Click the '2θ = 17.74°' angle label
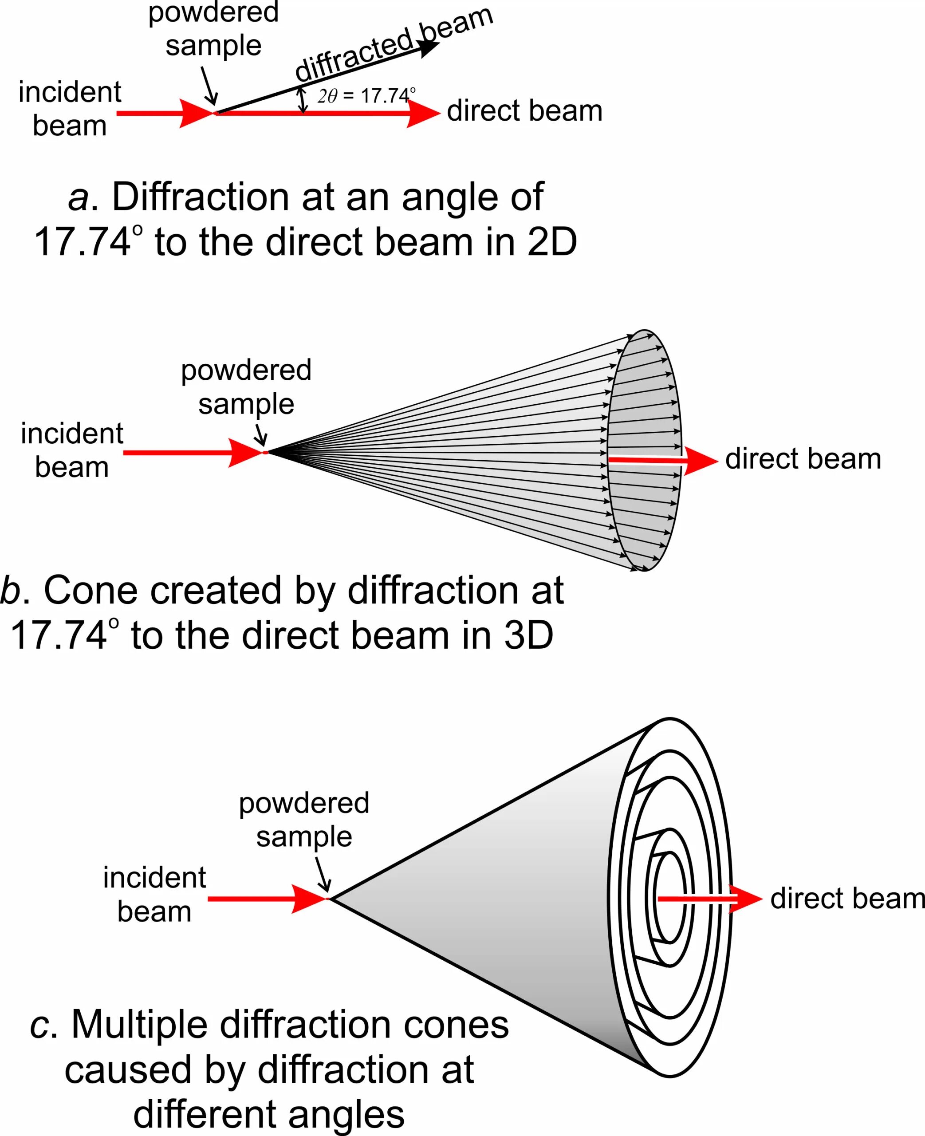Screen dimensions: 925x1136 point(366,95)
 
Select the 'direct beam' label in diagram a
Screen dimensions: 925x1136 point(524,111)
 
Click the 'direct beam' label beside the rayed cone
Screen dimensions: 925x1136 point(803,459)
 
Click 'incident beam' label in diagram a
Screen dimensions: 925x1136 point(70,109)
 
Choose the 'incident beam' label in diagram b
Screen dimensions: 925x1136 point(72,450)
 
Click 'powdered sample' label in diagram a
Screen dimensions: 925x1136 point(213,29)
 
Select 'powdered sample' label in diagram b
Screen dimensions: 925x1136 point(246,387)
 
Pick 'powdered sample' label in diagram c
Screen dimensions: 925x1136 point(304,820)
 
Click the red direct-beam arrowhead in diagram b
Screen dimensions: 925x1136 point(700,460)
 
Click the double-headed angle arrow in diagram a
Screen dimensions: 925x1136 point(303,101)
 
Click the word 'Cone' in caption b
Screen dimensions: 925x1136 point(82,590)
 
